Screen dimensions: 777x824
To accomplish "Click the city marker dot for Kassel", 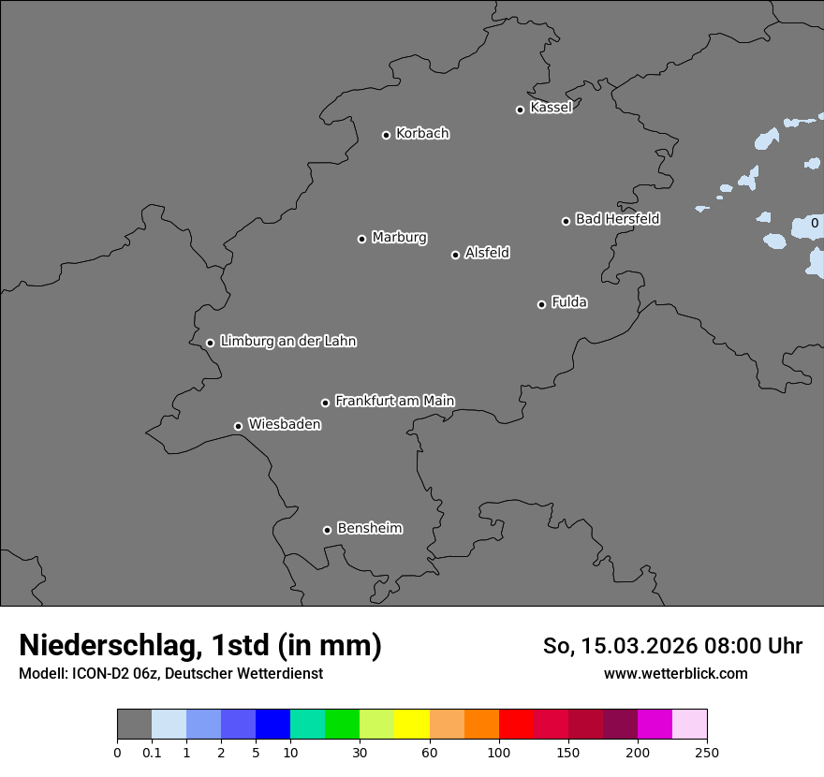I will point(520,110).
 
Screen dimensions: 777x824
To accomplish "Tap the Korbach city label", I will point(422,134).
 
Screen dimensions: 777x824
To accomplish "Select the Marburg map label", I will point(399,238).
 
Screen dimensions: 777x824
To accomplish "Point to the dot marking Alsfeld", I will point(455,255).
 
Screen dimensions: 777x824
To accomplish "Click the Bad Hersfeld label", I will point(617,219).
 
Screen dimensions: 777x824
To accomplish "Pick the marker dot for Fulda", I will point(541,304).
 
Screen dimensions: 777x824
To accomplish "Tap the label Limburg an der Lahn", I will point(287,342).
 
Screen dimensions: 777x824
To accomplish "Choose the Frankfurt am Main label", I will point(394,401).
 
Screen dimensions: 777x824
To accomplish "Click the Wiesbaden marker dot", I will point(238,426).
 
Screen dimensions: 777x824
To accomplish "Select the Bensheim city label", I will point(369,528).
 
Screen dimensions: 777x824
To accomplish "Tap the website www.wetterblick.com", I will point(675,673).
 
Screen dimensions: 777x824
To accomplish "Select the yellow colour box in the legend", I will point(412,725).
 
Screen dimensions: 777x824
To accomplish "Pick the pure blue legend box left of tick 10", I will point(272,725).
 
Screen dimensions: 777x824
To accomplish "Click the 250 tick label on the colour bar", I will point(706,753).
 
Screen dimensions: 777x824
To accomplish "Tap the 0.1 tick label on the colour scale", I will point(152,753).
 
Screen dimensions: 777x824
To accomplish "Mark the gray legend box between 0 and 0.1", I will point(134,725).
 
